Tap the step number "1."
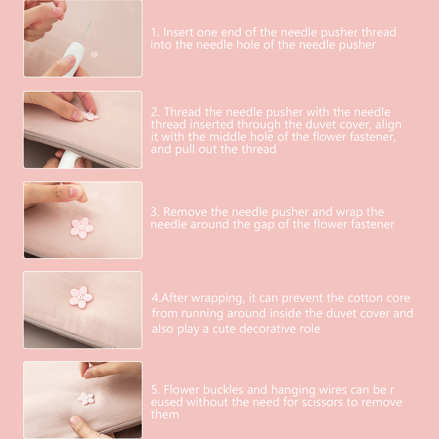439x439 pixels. pos(155,32)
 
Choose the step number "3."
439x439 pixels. pos(155,212)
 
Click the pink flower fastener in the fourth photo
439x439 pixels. pos(81,297)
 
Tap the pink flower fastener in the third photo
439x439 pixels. pos(82,228)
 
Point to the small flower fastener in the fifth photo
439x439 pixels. pos(86,399)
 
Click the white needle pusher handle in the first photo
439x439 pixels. pos(72,58)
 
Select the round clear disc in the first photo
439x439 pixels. pos(94,54)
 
